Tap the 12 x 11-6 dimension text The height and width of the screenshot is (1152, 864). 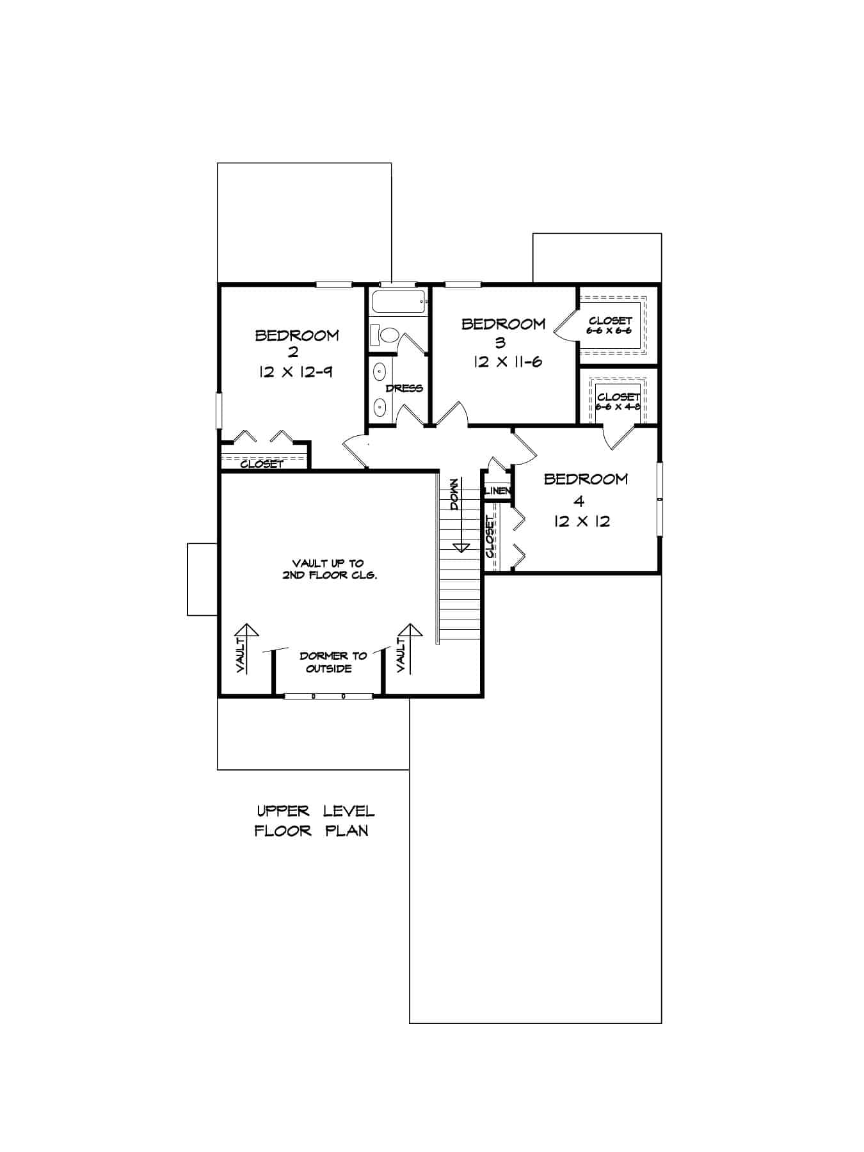(508, 362)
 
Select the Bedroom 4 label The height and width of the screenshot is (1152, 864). (585, 488)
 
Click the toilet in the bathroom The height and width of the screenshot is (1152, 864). (386, 334)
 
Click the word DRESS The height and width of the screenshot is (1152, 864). (404, 388)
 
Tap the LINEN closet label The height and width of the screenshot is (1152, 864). (497, 491)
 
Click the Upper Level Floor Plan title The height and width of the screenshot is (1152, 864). (314, 820)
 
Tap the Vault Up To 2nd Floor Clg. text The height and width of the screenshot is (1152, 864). (330, 569)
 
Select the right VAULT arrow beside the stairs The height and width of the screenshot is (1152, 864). (410, 648)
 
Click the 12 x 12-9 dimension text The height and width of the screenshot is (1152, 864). (296, 372)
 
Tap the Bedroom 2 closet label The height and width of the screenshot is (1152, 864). (261, 464)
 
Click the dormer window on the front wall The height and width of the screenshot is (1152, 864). (328, 695)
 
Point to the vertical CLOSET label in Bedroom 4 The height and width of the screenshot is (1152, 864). (490, 536)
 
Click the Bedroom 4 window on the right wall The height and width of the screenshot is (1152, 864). (659, 498)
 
